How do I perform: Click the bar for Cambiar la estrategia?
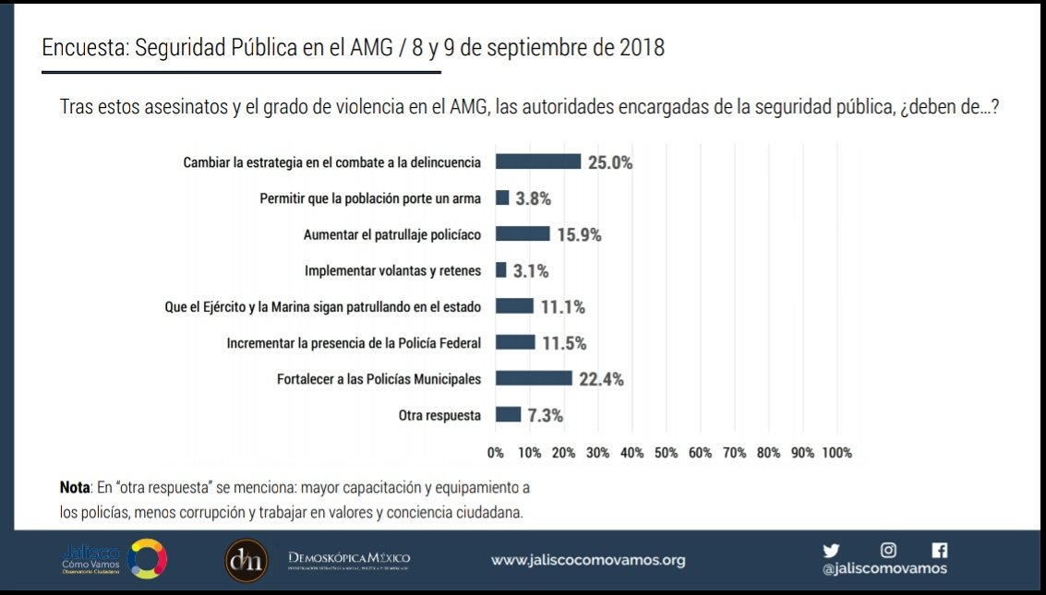538,161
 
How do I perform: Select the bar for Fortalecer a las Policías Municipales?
534,378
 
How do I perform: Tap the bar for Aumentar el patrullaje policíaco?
523,234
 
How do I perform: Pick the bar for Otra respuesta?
509,415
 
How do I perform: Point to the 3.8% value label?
534,198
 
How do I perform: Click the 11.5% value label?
564,343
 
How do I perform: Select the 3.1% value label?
531,271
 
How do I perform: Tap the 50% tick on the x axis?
667,453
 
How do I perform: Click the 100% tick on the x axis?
836,453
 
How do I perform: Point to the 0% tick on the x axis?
496,453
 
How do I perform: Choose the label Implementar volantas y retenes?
392,271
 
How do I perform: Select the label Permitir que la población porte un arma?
370,198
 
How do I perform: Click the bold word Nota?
75,486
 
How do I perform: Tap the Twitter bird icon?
831,550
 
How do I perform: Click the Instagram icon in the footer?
888,550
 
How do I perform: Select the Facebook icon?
940,550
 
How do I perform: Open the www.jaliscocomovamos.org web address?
588,560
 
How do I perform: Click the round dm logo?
246,560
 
